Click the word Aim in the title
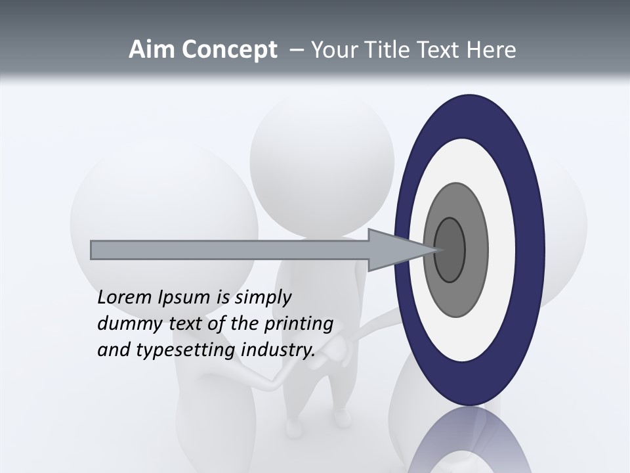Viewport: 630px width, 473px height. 149,50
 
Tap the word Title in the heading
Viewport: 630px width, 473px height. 392,50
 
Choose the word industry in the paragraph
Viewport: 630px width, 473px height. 278,350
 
